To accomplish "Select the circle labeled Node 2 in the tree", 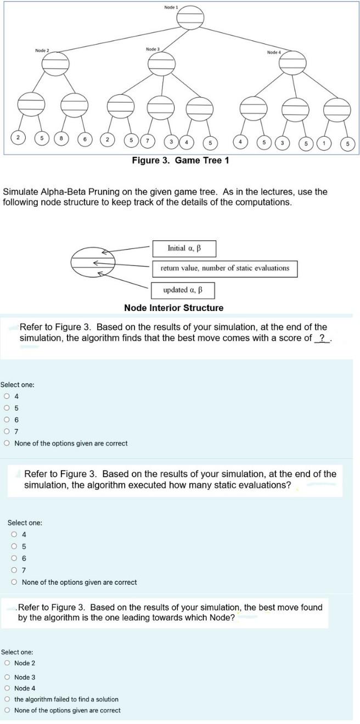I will [56, 63].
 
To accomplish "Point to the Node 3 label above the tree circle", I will [153, 49].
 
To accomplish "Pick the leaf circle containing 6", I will [85, 139].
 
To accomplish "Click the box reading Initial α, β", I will [184, 248].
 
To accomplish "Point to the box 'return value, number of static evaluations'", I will [224, 268].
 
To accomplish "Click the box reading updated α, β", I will [183, 290].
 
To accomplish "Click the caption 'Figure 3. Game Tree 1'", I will [180, 160].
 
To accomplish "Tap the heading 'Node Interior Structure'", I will [173, 308].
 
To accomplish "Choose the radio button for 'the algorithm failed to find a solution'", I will [7, 699].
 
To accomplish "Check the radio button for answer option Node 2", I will [7, 663].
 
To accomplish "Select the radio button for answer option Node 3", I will [7, 677].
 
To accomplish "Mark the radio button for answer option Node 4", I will [7, 688].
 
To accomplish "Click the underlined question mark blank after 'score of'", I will [322, 338].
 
